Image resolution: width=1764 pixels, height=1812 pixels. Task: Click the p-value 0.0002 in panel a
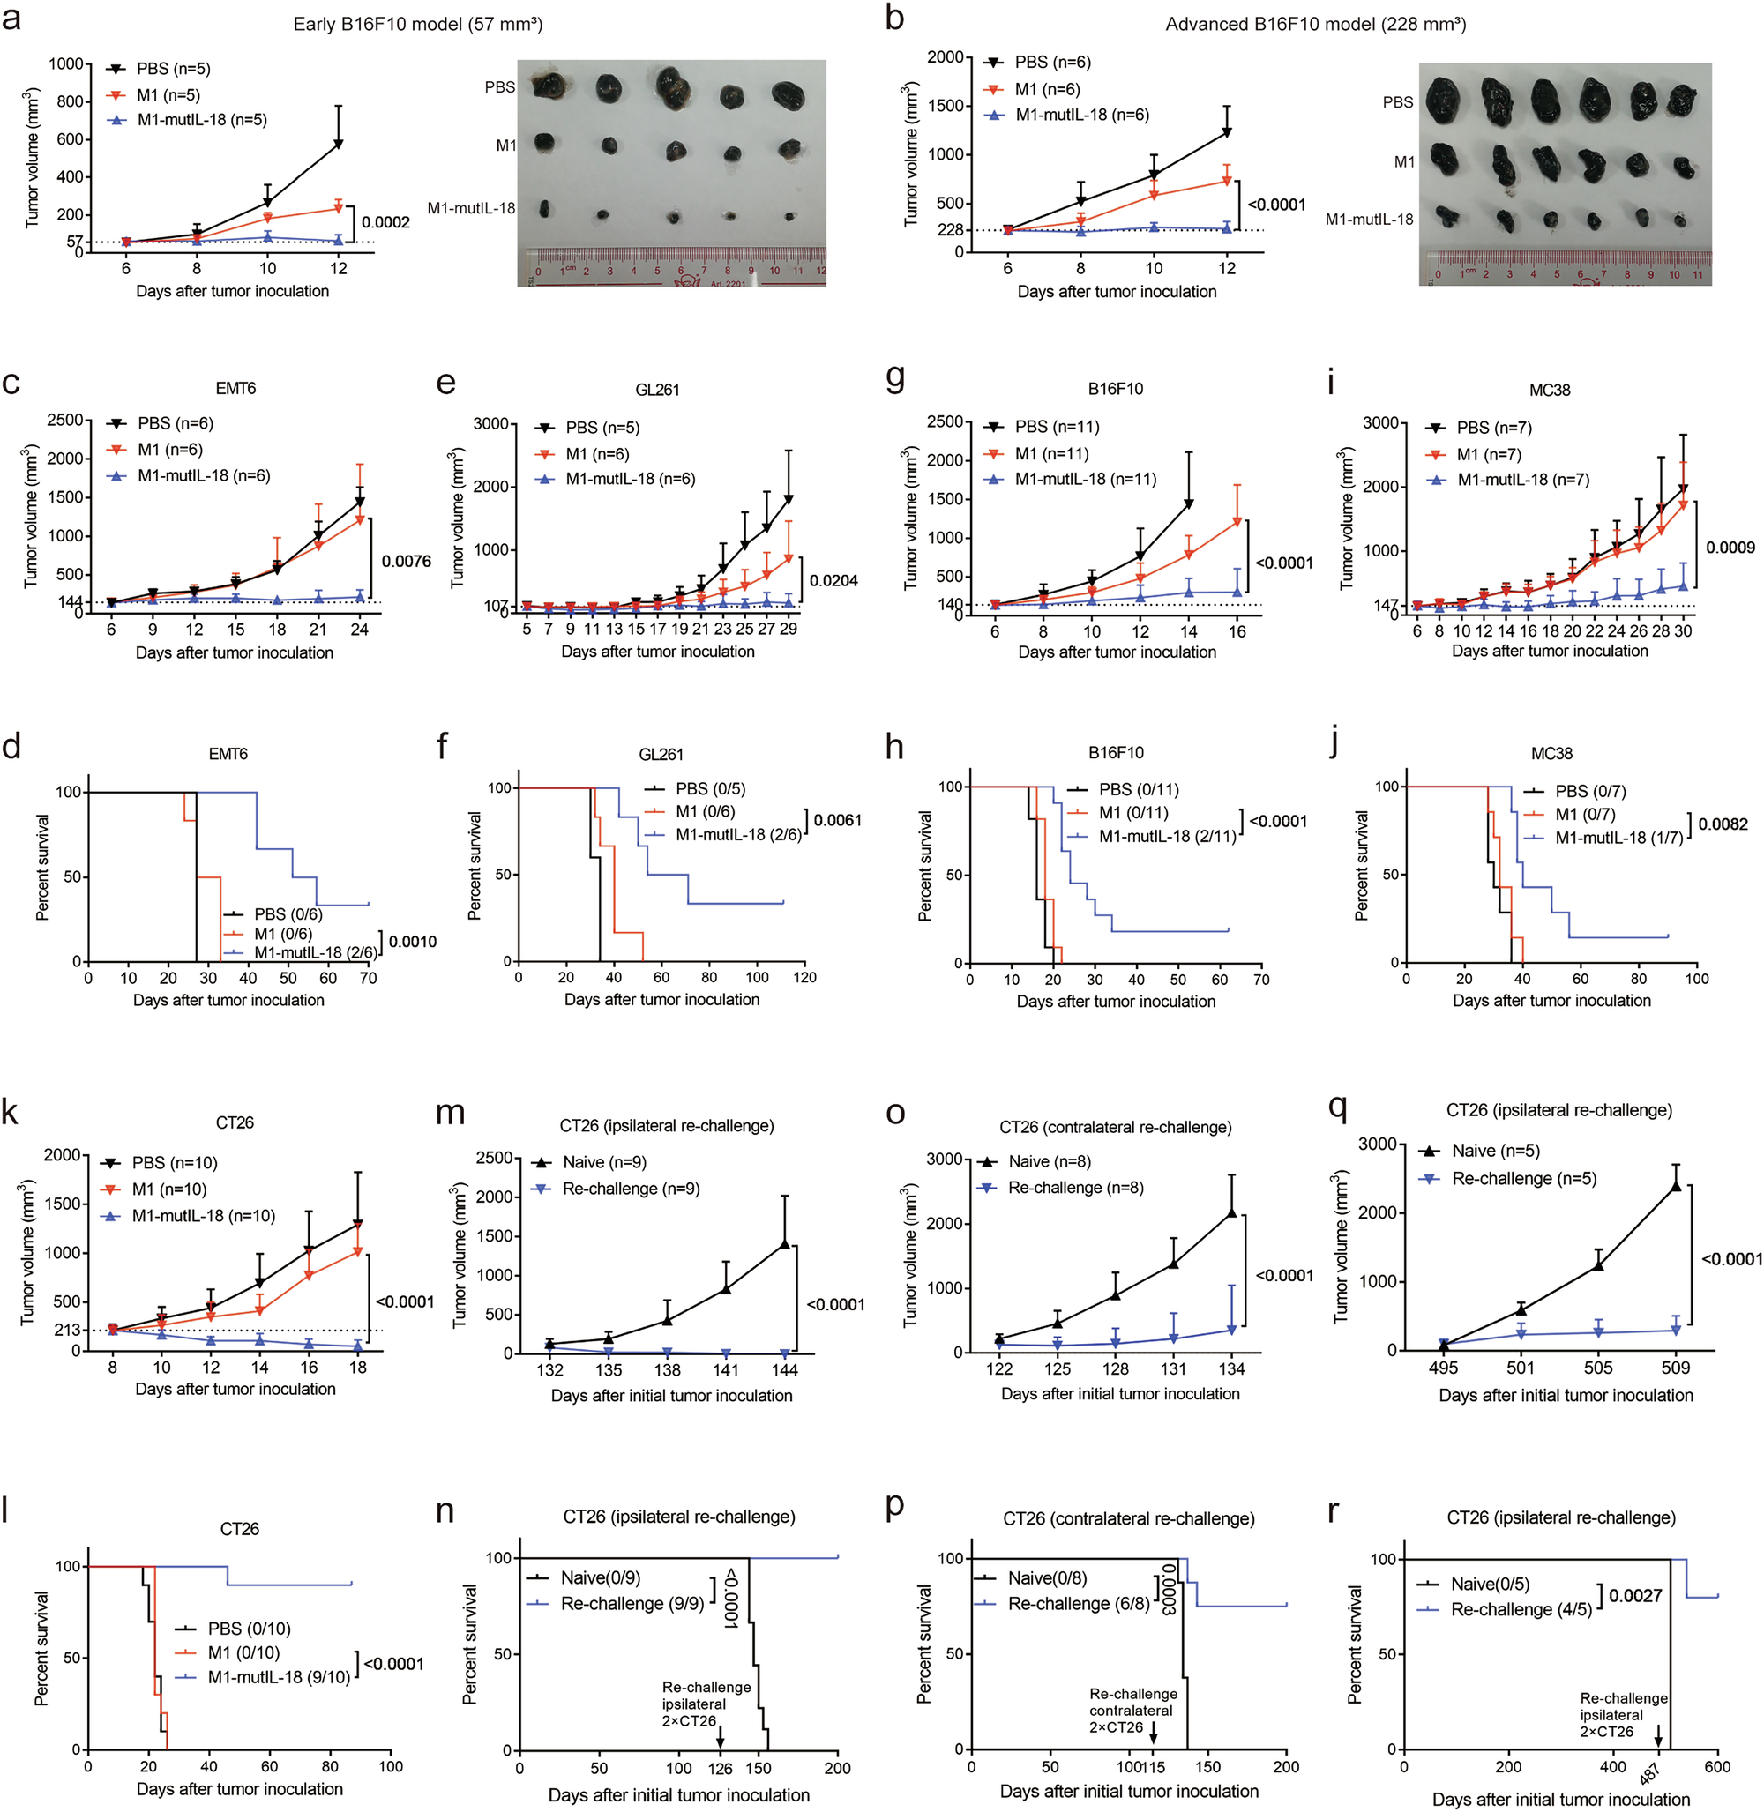pyautogui.click(x=385, y=222)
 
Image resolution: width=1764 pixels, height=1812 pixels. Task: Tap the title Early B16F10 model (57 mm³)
pyautogui.click(x=418, y=24)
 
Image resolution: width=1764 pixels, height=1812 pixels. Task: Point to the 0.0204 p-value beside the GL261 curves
pyautogui.click(x=833, y=581)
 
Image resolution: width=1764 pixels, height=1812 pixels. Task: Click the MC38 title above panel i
pyautogui.click(x=1549, y=390)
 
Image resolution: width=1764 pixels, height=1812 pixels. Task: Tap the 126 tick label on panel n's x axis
pyautogui.click(x=720, y=1769)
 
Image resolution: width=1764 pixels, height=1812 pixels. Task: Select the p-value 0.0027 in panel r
pyautogui.click(x=1635, y=1595)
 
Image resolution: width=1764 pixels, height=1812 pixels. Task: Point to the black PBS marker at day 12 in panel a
pyautogui.click(x=338, y=145)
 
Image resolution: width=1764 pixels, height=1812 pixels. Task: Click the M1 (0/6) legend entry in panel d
pyautogui.click(x=282, y=934)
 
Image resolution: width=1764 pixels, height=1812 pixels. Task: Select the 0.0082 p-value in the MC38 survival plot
pyautogui.click(x=1723, y=824)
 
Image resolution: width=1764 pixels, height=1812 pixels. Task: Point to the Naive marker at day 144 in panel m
pyautogui.click(x=785, y=1244)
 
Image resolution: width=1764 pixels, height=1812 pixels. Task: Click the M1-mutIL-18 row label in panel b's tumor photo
pyautogui.click(x=1368, y=220)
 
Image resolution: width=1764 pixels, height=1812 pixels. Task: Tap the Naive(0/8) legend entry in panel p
pyautogui.click(x=1047, y=1577)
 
